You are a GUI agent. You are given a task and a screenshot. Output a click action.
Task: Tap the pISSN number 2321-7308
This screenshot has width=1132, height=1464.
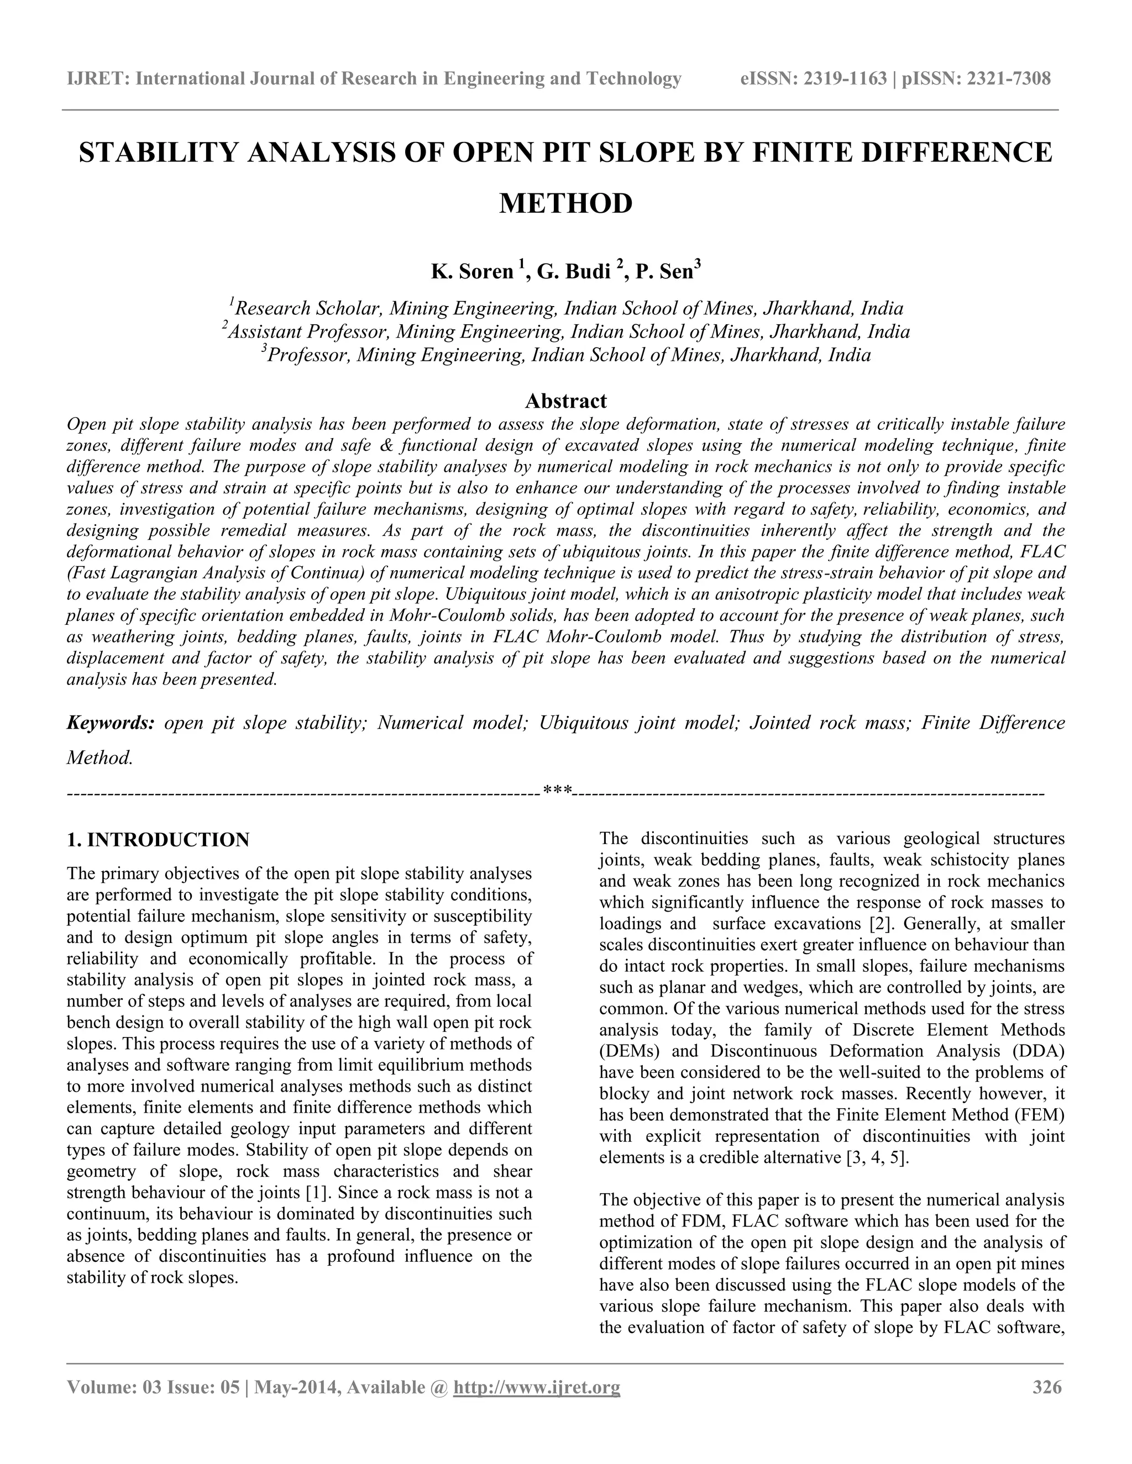coord(1009,79)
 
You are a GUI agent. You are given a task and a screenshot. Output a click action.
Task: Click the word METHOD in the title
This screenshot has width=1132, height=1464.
coord(565,203)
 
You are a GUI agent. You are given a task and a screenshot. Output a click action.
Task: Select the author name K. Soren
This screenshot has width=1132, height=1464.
coord(471,271)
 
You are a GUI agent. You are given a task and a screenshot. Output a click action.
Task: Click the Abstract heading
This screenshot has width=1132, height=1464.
coord(565,401)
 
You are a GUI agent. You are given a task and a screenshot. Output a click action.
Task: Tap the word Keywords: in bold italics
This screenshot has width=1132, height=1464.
coord(111,723)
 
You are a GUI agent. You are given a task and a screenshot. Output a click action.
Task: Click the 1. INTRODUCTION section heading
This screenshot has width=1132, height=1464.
coord(158,839)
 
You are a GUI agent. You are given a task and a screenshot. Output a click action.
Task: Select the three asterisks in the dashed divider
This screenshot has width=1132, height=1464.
coord(557,792)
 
